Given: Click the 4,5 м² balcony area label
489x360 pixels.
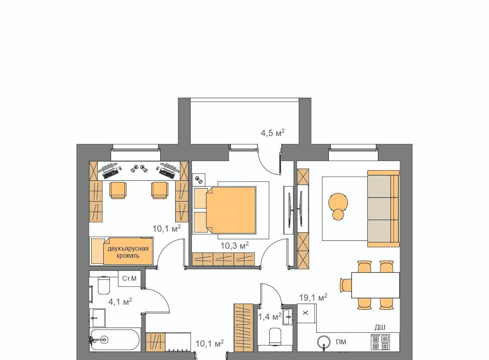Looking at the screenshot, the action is tap(272, 133).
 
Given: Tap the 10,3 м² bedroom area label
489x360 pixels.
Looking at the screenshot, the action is tap(234, 246).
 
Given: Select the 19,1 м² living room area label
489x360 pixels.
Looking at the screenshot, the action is tap(313, 298).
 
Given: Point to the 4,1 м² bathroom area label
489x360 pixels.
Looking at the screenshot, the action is tap(120, 302).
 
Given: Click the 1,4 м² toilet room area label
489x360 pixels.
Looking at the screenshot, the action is tap(270, 317).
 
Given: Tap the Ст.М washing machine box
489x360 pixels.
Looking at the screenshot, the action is tap(129, 279).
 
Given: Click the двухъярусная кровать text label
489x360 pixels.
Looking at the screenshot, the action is tap(128, 252).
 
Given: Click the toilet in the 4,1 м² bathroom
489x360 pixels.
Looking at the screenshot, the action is tap(103, 285).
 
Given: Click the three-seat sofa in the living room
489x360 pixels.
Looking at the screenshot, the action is tap(383, 209).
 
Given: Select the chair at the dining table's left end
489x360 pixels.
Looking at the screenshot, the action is tap(346, 285).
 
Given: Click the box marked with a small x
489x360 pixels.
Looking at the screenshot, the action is tap(306, 313).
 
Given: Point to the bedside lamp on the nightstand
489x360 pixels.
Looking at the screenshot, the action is tap(199, 180).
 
